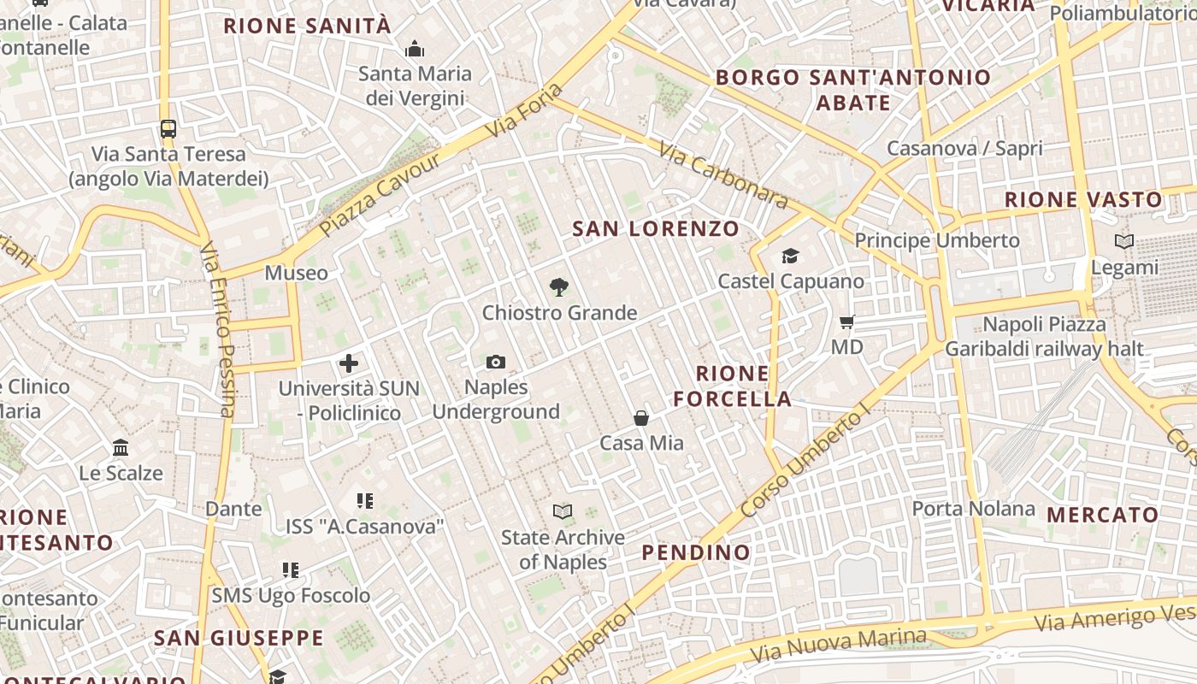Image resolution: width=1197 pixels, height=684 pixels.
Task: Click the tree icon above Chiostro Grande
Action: click(559, 287)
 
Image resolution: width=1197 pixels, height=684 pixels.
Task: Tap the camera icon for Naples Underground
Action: click(496, 363)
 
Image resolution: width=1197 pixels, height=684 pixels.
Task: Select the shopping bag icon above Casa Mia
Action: click(641, 418)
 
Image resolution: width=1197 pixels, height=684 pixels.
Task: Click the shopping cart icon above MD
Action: click(846, 322)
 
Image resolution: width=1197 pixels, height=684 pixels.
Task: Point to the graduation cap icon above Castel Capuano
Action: click(790, 256)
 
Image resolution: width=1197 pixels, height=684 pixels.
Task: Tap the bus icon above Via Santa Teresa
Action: click(168, 129)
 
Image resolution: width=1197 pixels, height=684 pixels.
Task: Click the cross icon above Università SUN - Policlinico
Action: click(349, 363)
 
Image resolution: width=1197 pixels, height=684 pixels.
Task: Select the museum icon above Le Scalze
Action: click(121, 448)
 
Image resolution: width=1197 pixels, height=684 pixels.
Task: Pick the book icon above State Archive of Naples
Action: click(563, 512)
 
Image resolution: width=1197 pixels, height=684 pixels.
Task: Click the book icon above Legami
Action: click(1124, 242)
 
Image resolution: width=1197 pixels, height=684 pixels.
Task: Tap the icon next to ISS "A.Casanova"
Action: click(365, 501)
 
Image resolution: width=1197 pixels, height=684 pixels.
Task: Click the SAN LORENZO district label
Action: click(656, 228)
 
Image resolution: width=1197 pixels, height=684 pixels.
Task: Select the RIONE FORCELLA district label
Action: click(732, 386)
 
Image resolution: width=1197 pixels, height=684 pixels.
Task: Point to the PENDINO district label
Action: click(696, 552)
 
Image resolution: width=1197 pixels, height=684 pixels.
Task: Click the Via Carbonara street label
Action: click(722, 174)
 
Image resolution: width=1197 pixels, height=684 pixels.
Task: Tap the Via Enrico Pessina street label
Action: click(217, 329)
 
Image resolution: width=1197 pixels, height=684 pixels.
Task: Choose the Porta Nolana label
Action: click(973, 509)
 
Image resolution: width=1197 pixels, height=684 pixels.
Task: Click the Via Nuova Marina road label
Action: click(838, 645)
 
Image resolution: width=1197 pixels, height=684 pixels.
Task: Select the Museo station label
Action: click(296, 273)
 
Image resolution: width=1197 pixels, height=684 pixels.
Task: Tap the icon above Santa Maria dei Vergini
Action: click(415, 50)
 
